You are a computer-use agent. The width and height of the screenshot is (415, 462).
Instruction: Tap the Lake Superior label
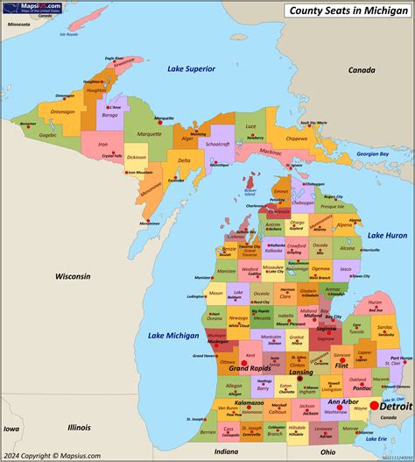click(x=191, y=68)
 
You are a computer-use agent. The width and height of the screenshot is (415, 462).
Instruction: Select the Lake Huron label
click(x=386, y=235)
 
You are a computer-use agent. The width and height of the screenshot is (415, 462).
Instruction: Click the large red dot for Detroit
click(x=375, y=404)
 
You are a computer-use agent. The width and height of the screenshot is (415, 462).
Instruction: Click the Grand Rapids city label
click(x=249, y=368)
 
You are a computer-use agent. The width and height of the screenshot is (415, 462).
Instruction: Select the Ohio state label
click(x=327, y=451)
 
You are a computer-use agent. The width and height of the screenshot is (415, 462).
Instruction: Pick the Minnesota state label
click(x=18, y=25)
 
